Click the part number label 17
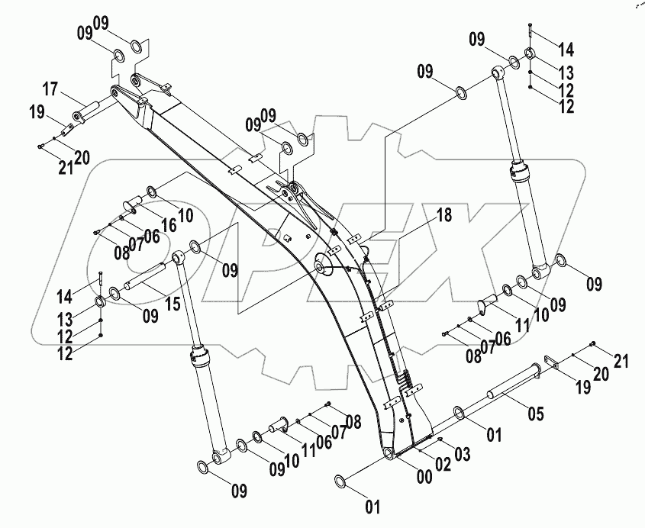tap(50, 89)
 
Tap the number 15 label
tap(173, 304)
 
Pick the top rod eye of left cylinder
tap(180, 257)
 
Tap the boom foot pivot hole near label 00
tap(389, 454)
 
